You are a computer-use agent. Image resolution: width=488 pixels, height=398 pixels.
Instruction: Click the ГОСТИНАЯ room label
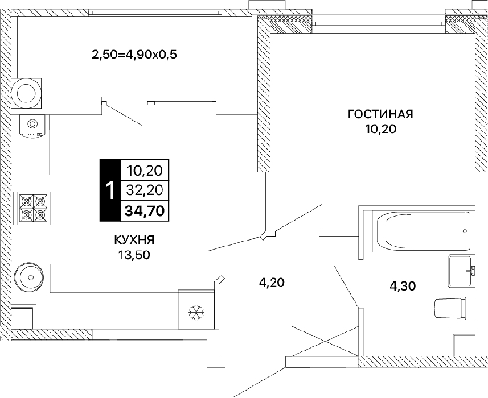[x=380, y=114]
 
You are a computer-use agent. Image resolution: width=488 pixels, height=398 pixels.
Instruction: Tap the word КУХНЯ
[x=134, y=240]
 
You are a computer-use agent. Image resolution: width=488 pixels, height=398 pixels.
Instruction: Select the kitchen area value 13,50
[x=134, y=255]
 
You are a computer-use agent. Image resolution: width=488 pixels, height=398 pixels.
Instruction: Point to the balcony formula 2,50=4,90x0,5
[x=134, y=55]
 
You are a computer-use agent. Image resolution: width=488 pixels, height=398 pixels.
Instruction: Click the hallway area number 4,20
[x=272, y=283]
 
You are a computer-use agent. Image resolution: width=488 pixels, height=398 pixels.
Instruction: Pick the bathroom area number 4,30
[x=403, y=286]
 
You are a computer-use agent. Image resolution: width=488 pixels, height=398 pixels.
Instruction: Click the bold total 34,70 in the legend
[x=145, y=212]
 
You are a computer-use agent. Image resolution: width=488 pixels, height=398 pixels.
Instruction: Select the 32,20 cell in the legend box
[x=145, y=190]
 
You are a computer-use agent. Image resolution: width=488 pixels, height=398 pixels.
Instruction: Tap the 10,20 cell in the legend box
[x=145, y=171]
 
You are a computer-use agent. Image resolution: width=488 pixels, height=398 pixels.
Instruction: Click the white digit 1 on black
[x=110, y=190]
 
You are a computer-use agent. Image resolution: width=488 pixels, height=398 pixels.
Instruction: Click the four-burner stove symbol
[x=34, y=208]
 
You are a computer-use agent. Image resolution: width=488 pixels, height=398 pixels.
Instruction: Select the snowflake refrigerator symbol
[x=196, y=312]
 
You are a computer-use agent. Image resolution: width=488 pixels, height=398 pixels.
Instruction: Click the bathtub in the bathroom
[x=424, y=231]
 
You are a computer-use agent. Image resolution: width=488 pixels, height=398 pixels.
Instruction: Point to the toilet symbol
[x=454, y=308]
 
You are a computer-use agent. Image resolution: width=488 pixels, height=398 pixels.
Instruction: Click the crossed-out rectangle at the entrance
[x=325, y=341]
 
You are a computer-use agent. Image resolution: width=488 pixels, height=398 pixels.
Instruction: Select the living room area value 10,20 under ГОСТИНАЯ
[x=380, y=128]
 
